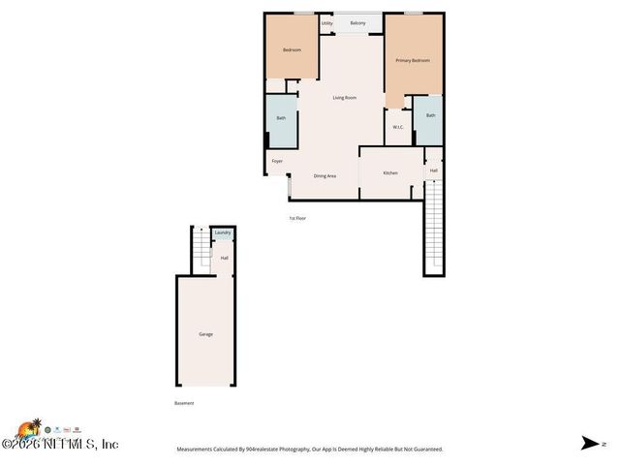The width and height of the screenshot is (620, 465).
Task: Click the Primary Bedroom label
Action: [412, 61]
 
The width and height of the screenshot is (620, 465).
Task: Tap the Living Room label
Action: [345, 98]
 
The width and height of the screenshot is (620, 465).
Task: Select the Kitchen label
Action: [390, 173]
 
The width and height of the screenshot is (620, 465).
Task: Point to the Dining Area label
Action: [325, 176]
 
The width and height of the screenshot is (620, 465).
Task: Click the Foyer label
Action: [277, 161]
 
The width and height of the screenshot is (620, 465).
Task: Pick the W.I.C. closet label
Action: [398, 127]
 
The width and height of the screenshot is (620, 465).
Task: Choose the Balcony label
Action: [357, 22]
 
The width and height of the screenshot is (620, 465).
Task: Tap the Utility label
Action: [326, 22]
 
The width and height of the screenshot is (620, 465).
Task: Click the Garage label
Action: [205, 334]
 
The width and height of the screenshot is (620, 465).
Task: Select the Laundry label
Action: [223, 233]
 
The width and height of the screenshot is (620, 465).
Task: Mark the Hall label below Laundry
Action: [224, 258]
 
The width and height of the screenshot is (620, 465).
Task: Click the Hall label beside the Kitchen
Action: [434, 171]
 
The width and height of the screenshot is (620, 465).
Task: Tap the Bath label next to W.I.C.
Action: [430, 115]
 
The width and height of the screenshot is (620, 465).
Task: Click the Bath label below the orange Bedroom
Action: [281, 118]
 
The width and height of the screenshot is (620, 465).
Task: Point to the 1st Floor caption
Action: [297, 219]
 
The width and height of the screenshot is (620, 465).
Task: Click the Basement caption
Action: [184, 403]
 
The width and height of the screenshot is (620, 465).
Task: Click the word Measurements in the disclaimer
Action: [198, 449]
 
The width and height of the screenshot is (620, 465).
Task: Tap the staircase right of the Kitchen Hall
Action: [434, 228]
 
